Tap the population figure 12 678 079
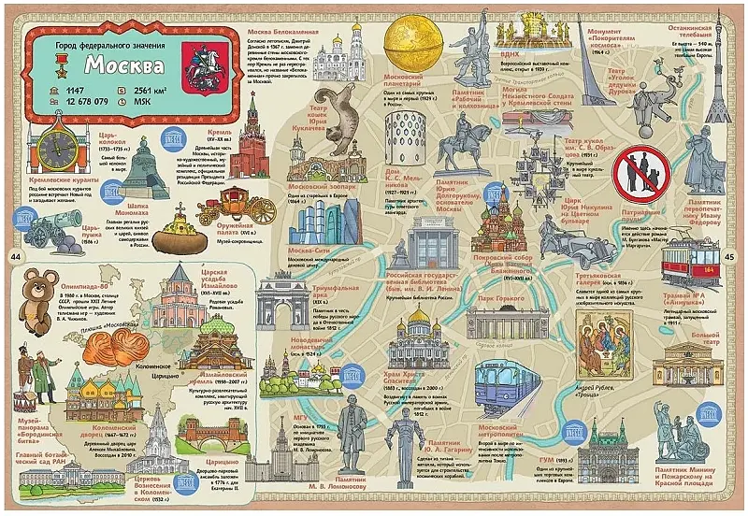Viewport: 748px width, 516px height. coord(82,101)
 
